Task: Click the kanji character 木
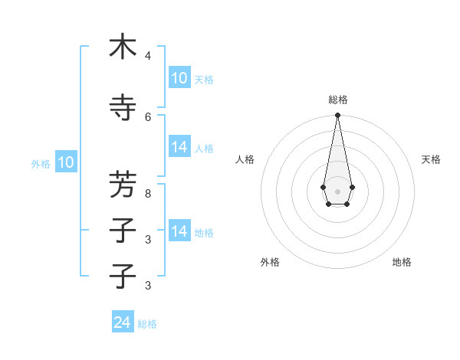pos(123,47)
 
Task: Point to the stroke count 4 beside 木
pos(147,56)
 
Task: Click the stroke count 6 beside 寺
pos(147,116)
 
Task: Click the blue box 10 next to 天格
pos(179,78)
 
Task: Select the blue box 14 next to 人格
pos(179,147)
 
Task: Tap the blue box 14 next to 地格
pos(179,231)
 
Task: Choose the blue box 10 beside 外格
pos(66,162)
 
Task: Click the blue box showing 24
pos(123,322)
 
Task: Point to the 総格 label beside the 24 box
pos(147,324)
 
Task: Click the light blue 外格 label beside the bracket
pos(41,163)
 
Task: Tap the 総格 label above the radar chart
pos(338,100)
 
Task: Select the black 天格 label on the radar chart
pos(431,159)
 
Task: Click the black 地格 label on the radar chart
pos(402,262)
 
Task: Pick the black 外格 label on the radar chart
pos(270,262)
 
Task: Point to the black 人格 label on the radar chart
pos(245,159)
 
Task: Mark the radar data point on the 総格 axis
pos(337,116)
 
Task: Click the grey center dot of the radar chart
pos(337,191)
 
